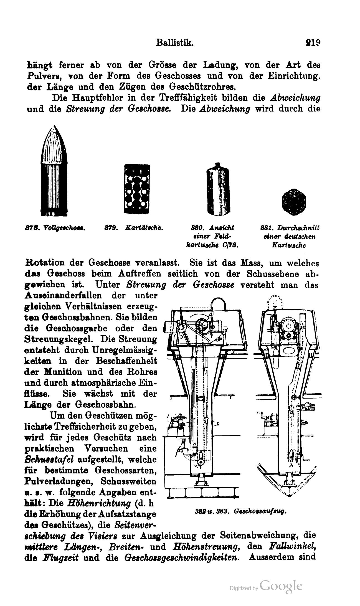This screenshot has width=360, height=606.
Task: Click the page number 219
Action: (313, 43)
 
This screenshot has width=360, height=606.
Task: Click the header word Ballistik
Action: (174, 43)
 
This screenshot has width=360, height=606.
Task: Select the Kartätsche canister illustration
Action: (137, 189)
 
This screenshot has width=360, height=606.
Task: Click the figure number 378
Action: (29, 228)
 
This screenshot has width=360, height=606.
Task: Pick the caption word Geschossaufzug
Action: (260, 511)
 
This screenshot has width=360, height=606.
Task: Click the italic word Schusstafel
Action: (49, 459)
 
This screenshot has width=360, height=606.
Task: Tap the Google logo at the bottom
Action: (281, 586)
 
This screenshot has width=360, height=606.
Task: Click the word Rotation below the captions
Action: (44, 263)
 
